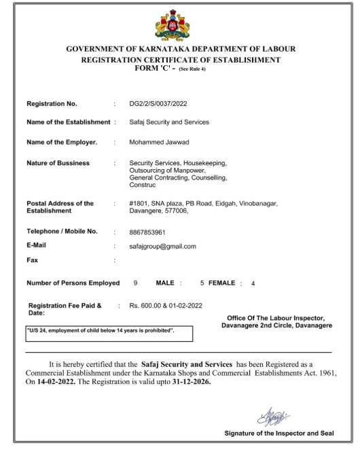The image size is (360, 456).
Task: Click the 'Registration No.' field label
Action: [52, 104]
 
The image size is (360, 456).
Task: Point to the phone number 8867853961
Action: [147, 232]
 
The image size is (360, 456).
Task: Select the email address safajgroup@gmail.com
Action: [162, 246]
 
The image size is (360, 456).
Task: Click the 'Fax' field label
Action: [32, 260]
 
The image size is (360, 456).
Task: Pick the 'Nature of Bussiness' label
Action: [58, 163]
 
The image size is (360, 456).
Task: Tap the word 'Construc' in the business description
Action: [143, 184]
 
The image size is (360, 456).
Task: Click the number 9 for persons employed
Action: [136, 283]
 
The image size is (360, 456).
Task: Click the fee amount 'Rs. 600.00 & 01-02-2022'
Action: [165, 306]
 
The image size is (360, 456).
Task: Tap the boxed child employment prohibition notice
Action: [109, 332]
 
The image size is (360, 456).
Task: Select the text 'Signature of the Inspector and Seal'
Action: [278, 433]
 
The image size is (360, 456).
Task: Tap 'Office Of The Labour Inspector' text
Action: [276, 318]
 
